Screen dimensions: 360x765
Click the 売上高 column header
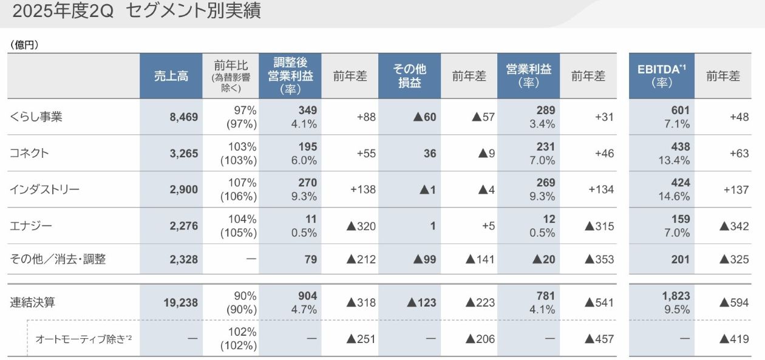(171, 76)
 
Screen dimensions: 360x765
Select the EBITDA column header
(661, 76)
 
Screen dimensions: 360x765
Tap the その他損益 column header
(409, 76)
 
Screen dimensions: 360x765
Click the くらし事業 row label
(36, 117)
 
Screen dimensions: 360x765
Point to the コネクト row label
(29, 153)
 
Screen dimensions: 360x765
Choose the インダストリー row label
(45, 189)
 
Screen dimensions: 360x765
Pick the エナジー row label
(31, 226)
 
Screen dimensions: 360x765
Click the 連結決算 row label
(33, 302)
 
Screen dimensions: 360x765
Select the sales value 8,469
(183, 117)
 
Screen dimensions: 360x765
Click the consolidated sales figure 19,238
(180, 302)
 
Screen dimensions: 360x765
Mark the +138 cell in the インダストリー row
(362, 189)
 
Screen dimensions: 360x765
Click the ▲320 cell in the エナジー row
(361, 226)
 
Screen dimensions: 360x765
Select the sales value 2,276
(183, 226)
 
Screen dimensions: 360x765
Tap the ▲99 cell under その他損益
(424, 259)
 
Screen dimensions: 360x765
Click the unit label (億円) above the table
(24, 45)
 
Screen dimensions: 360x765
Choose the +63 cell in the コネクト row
(739, 153)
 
